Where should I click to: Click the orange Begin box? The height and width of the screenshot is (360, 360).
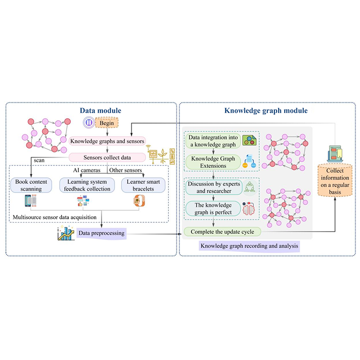coord(107,123)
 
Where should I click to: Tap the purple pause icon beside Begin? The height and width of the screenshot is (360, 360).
coord(88,123)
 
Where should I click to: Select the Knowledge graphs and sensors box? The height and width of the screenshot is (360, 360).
coord(107,141)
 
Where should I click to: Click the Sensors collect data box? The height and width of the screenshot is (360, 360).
coord(107,157)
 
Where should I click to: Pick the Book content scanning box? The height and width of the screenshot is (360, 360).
coord(31,185)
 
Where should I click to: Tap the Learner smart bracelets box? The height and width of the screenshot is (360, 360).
coord(143,185)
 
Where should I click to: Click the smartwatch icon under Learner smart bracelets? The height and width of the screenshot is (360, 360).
coord(139,201)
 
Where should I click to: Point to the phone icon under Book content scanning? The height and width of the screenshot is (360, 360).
coord(30,201)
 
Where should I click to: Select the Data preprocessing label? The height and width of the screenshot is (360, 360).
coord(101,233)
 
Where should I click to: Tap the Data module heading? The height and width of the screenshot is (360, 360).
coord(100,111)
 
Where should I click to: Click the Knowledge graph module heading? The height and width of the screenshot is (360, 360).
coord(266,111)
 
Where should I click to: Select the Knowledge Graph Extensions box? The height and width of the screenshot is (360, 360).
coord(212,162)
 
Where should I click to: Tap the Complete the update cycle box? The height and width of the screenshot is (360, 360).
coord(222,232)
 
